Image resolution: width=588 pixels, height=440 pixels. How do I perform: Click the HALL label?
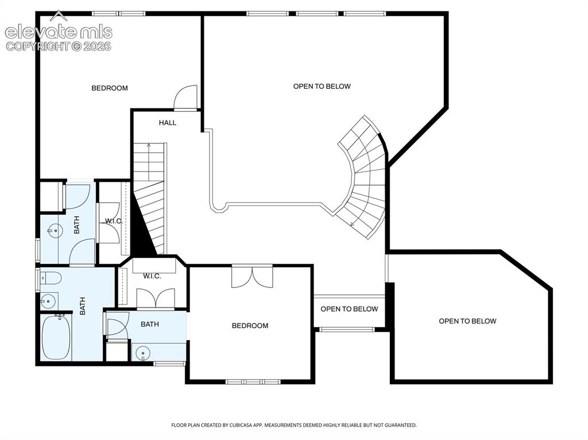167,123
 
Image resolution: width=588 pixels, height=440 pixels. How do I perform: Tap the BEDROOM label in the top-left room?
110,88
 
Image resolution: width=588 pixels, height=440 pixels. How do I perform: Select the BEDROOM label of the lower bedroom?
250,326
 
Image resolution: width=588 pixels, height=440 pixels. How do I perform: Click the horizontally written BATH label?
150,324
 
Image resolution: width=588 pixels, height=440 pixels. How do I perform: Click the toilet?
51,278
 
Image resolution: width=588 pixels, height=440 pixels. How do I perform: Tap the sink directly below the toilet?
48,301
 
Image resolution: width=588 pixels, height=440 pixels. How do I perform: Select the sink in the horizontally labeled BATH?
143,353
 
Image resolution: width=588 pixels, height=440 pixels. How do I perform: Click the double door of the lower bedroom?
252,277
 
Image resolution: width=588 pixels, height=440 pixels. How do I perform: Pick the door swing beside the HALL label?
185,98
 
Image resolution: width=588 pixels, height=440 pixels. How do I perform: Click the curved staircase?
362,177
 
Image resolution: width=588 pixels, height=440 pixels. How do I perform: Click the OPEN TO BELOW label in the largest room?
322,86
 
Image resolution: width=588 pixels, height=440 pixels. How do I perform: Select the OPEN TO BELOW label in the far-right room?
467,321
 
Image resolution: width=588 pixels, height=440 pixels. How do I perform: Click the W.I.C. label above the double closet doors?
152,276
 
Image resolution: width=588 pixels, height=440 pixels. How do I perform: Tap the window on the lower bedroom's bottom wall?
253,382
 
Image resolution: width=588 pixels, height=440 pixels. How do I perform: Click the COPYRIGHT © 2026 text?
59,46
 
